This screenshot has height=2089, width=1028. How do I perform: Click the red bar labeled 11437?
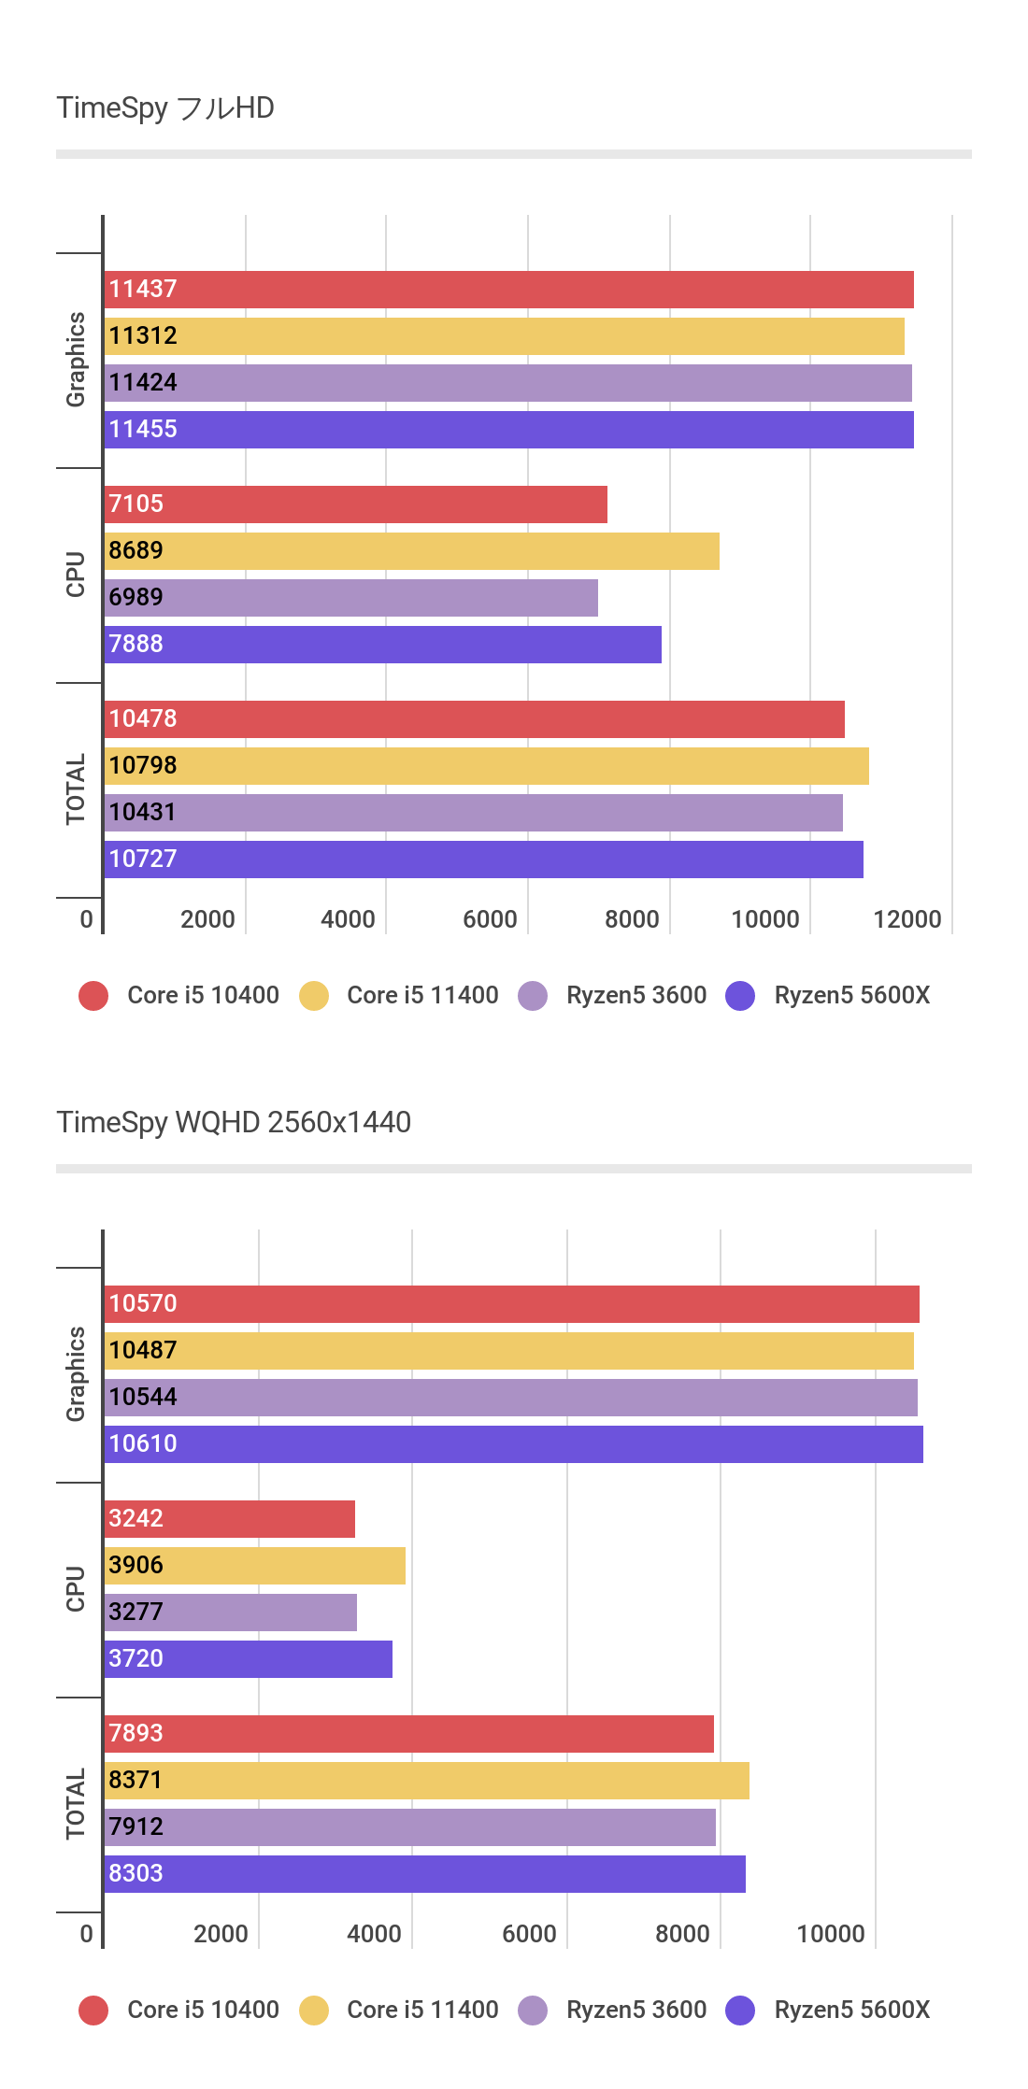[x=509, y=290]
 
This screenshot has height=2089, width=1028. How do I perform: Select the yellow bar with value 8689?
[x=411, y=551]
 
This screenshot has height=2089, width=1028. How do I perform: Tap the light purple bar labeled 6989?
[x=351, y=598]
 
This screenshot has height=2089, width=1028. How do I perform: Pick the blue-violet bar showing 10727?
[x=484, y=860]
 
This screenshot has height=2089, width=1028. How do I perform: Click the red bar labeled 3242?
[x=230, y=1519]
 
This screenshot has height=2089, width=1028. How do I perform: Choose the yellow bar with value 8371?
[x=427, y=1781]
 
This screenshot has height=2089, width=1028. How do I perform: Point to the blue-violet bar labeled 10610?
[x=514, y=1444]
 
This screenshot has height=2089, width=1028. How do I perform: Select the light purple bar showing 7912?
[x=410, y=1827]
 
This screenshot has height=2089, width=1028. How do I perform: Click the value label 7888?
[x=136, y=644]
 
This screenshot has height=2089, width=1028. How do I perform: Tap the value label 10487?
[x=142, y=1350]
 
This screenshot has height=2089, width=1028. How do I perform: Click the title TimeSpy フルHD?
[x=165, y=108]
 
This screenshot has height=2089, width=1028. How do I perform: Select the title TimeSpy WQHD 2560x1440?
[x=234, y=1122]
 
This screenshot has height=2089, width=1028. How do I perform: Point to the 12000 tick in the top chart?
[x=907, y=919]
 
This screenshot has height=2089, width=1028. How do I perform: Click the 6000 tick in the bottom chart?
[x=529, y=1934]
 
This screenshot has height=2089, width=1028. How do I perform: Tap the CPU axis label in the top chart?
[x=76, y=575]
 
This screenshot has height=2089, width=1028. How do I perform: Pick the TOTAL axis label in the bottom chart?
[x=76, y=1804]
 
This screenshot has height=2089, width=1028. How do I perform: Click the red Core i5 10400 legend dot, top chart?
[x=93, y=996]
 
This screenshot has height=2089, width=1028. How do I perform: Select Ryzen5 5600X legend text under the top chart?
[x=851, y=995]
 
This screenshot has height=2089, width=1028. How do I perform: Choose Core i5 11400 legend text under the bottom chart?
[x=422, y=2010]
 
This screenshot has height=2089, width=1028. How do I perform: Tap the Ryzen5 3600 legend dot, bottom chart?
[x=533, y=2011]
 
